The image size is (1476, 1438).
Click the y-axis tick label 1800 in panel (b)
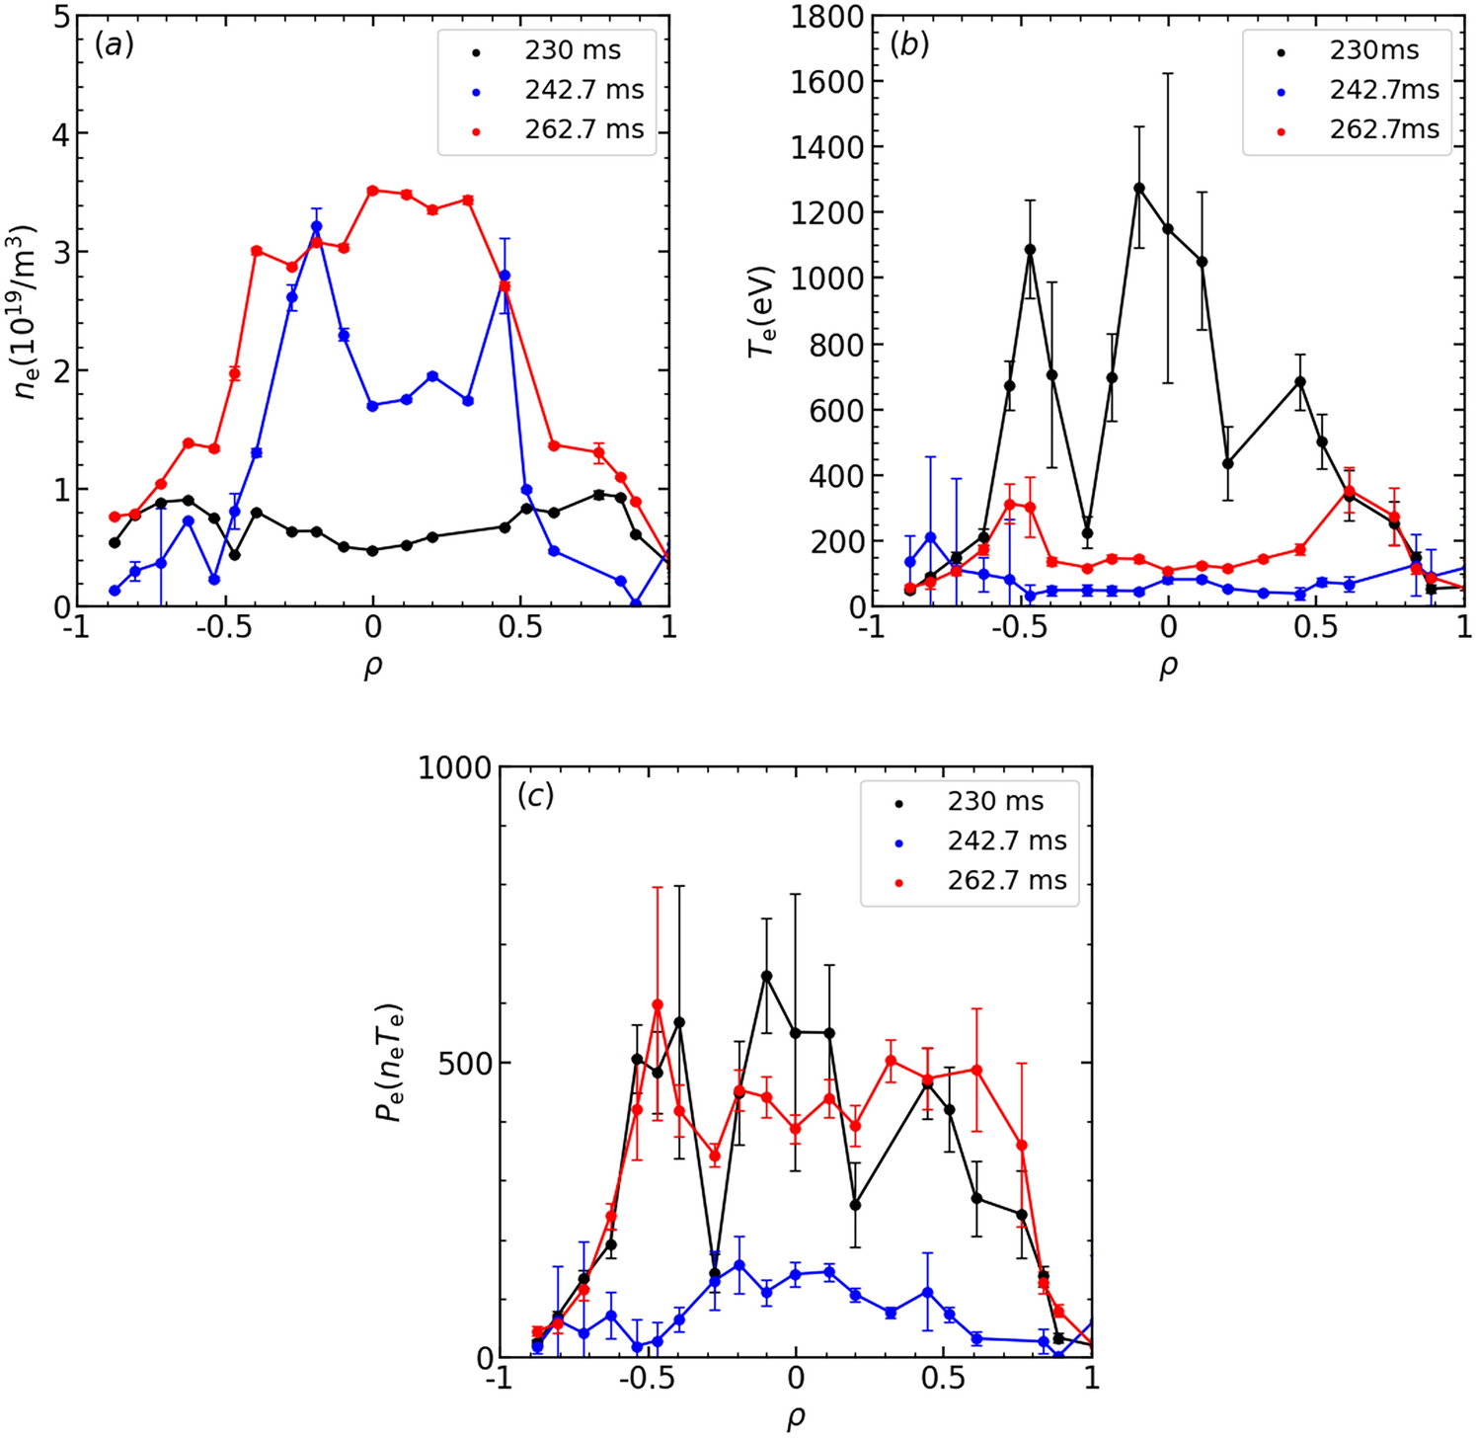(x=827, y=17)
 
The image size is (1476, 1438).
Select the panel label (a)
(x=114, y=44)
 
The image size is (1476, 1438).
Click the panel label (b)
(x=909, y=44)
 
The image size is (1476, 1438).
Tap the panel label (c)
(x=536, y=796)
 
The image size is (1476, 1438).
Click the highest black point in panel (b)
(x=1139, y=188)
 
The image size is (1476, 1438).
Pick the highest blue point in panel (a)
(x=317, y=226)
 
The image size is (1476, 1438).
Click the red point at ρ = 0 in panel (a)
(x=372, y=191)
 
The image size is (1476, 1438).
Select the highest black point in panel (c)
(x=766, y=976)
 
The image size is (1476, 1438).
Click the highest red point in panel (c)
(x=658, y=1004)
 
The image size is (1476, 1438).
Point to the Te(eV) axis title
(x=761, y=311)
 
